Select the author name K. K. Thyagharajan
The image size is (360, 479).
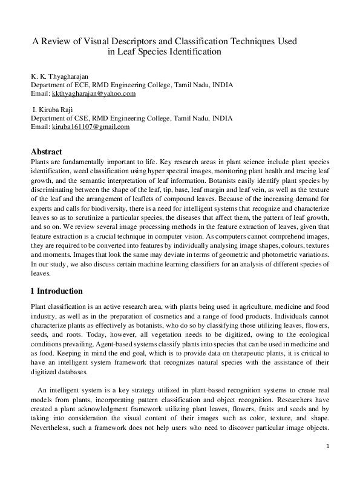(59, 77)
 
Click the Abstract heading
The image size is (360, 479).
(47, 152)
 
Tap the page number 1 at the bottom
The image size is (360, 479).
(327, 463)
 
